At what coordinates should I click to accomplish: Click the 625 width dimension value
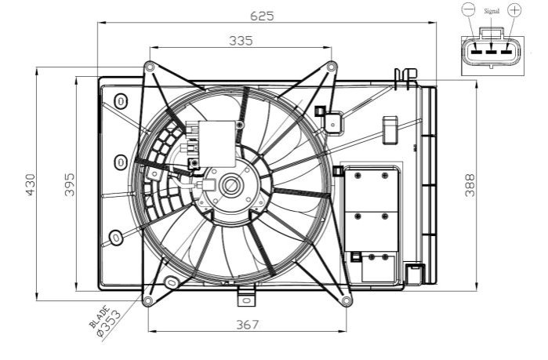point(262,16)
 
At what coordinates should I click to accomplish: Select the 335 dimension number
point(241,41)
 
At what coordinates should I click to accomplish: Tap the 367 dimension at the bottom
point(248,325)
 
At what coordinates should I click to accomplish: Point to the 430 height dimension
point(31,185)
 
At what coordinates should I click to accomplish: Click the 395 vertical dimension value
point(70,184)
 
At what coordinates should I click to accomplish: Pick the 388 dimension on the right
point(470,185)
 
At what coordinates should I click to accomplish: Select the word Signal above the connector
point(492,11)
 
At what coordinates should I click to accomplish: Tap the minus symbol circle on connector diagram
point(468,9)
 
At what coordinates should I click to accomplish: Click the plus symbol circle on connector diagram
point(514,9)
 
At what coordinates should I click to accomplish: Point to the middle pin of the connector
point(491,52)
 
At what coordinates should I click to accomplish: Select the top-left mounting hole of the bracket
point(150,67)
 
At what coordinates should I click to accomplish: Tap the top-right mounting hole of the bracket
point(332,67)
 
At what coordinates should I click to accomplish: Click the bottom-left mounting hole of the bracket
point(148,300)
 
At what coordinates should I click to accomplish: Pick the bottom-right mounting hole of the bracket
point(346,300)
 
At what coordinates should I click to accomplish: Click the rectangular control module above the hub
point(217,144)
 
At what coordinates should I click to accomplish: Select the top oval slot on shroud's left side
point(121,101)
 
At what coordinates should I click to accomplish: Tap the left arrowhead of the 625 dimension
point(101,23)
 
